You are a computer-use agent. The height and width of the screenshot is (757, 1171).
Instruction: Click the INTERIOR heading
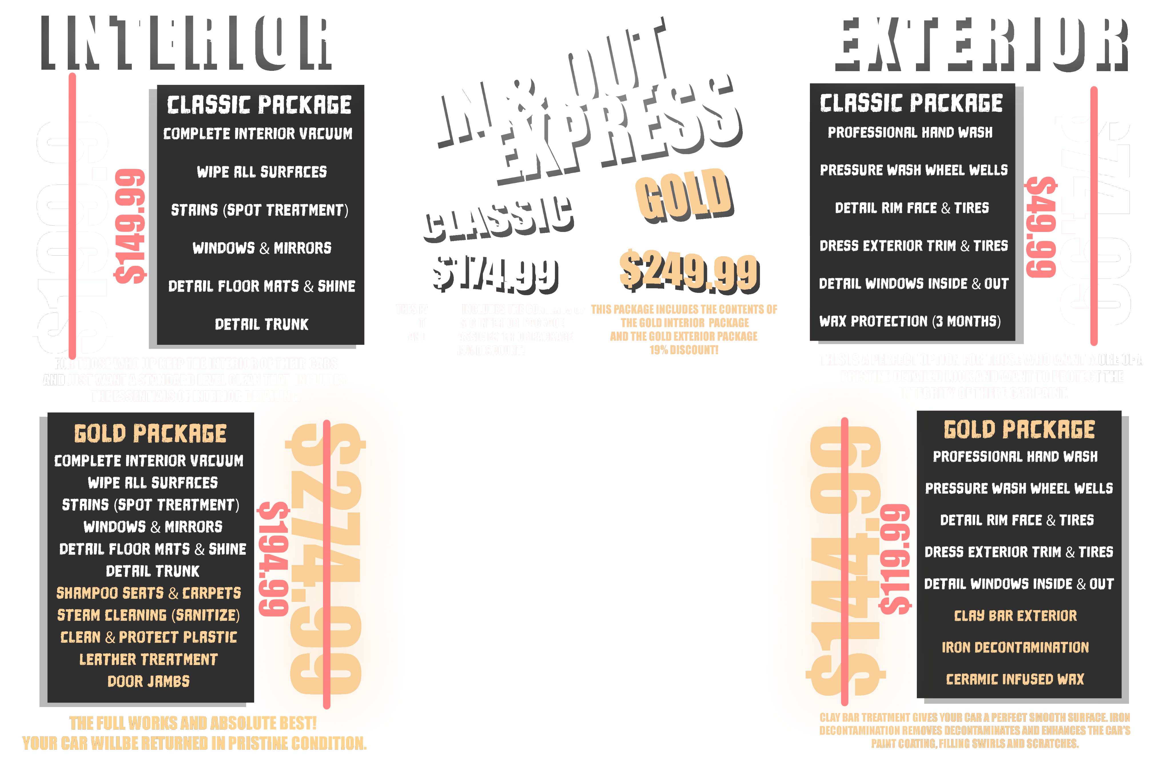coord(186,43)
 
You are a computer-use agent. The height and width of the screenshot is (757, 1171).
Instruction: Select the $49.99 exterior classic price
coord(1042,227)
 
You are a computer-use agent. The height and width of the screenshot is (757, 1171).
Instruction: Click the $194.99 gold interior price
coord(273,559)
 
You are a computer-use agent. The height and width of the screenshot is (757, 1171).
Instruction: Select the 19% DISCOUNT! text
coord(684,350)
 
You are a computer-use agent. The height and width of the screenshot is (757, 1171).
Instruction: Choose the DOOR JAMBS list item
coord(149,681)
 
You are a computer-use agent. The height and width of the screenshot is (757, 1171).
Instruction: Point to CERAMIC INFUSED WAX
coord(1015,679)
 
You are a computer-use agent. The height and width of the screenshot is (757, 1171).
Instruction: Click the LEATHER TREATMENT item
coord(149,659)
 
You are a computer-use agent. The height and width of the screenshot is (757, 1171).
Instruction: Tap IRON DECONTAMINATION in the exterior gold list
coord(1015,647)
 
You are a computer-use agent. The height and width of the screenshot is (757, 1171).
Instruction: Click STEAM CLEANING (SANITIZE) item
coord(149,615)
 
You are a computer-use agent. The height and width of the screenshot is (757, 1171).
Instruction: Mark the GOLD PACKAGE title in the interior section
coord(150,434)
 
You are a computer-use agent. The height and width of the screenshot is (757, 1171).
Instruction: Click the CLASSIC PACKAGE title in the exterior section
coord(911,103)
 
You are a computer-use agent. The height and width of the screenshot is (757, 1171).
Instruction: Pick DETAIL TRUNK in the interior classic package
coord(262,325)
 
